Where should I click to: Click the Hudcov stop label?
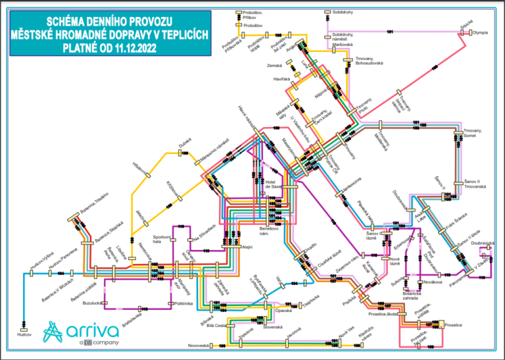34,334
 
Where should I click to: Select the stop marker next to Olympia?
469,32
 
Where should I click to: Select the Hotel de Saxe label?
273,185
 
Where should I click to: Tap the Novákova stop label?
432,282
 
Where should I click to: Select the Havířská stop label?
281,79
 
